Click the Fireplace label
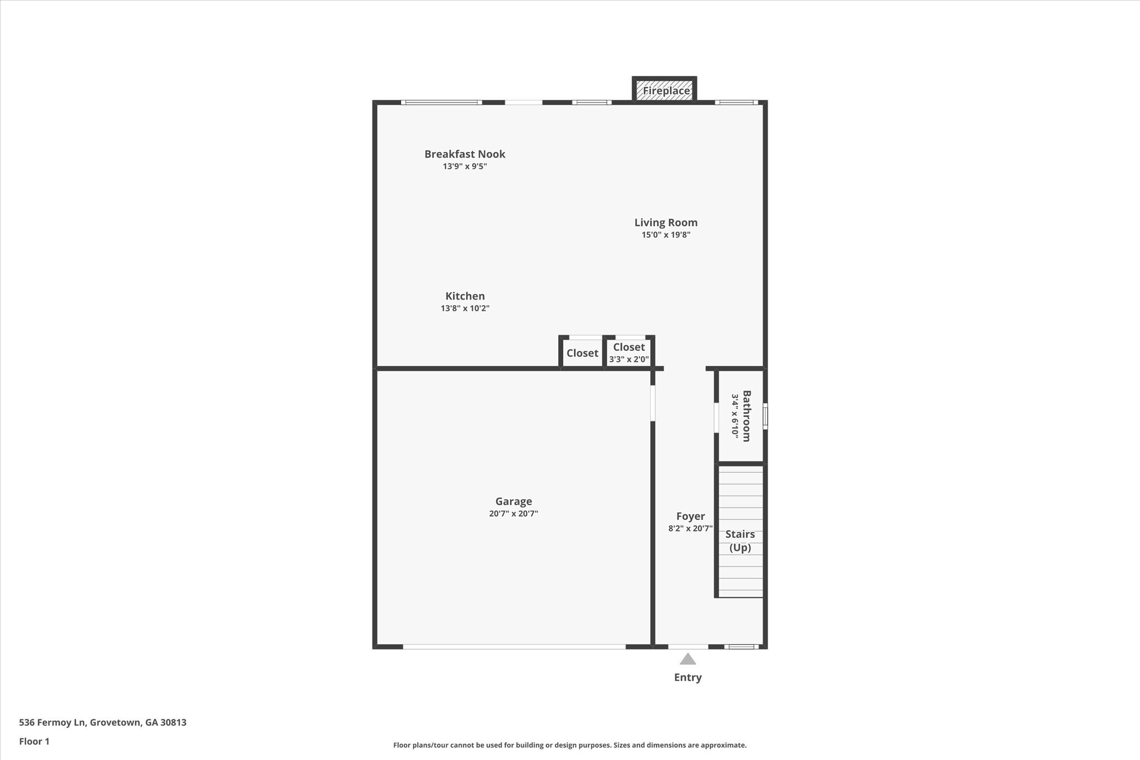666,91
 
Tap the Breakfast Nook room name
465,154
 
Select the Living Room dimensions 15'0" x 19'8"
666,235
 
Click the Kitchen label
465,296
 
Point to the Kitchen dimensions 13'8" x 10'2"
465,308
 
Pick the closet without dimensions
582,353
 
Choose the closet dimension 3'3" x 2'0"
628,360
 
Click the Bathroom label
746,416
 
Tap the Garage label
513,502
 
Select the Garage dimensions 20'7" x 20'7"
513,514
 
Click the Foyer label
690,517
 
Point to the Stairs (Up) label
740,541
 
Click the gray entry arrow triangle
687,660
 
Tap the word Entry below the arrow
687,678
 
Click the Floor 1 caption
35,742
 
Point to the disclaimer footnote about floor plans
569,745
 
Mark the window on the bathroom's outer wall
765,416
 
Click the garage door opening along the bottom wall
514,646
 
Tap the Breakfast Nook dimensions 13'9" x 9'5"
465,166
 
